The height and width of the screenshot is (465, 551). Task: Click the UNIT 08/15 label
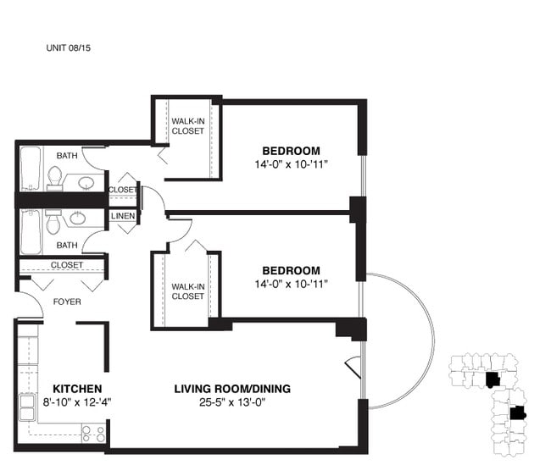[68, 47]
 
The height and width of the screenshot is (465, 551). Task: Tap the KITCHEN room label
[77, 389]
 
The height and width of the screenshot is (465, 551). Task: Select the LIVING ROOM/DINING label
[232, 389]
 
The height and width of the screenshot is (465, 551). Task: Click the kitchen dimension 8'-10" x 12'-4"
[77, 401]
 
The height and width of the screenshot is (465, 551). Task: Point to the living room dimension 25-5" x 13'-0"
[232, 401]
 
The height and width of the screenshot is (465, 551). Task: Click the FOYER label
[67, 302]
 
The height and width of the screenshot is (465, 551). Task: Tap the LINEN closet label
[123, 216]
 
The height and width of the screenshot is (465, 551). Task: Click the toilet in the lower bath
[53, 222]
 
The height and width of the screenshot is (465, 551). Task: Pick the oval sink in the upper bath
[86, 183]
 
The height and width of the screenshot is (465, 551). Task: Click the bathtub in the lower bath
[31, 231]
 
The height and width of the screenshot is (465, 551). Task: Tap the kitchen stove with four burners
[93, 434]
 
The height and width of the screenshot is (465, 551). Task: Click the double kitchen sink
[27, 407]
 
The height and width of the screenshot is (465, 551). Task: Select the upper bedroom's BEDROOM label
[292, 151]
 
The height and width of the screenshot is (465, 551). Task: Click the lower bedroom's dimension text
[292, 284]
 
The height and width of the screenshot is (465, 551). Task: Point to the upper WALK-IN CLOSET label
[187, 126]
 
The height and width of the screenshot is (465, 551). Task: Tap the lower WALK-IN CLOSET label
[187, 291]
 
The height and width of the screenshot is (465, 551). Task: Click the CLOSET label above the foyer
[67, 265]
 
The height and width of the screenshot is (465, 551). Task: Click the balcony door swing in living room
[353, 368]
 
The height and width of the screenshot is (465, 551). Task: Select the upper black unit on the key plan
[493, 379]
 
